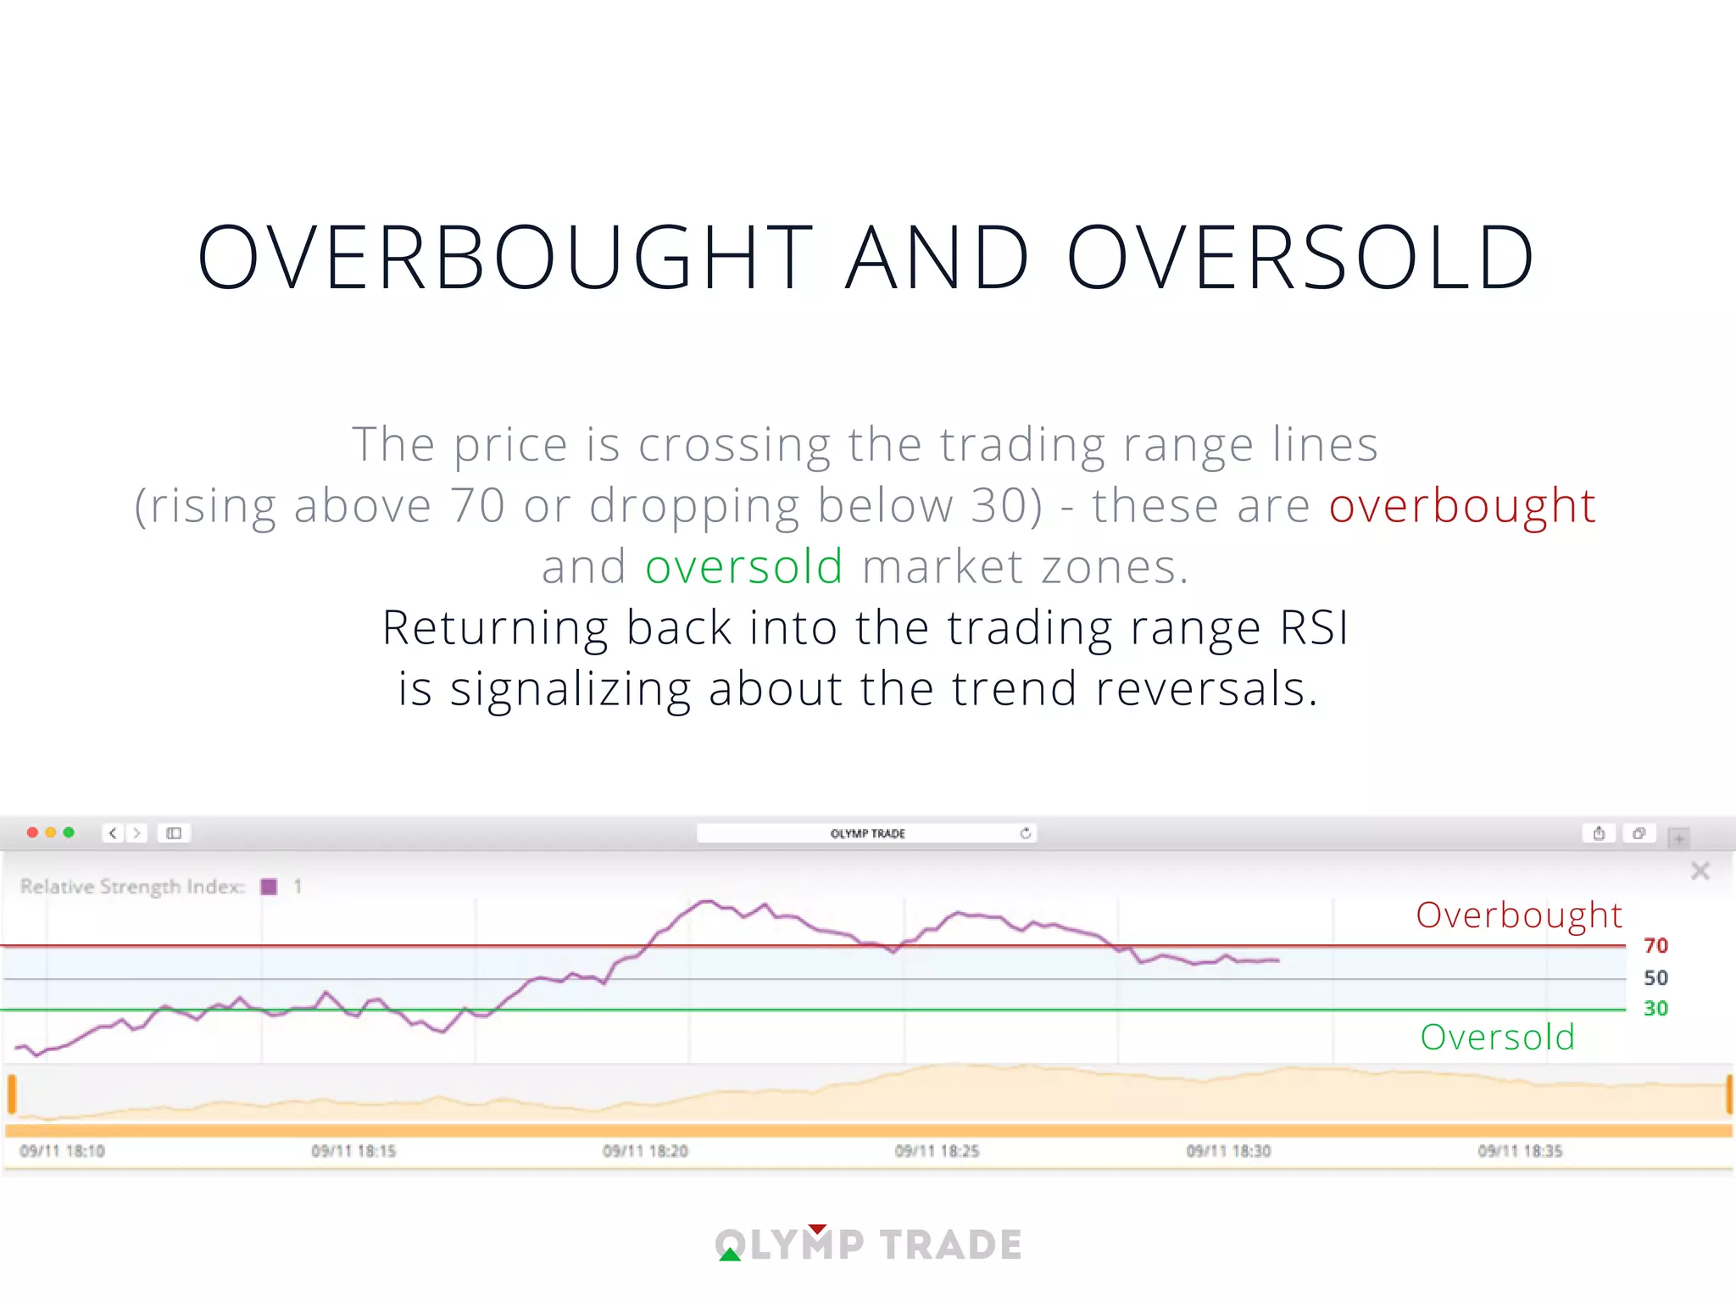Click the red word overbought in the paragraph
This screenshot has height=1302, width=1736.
[1461, 506]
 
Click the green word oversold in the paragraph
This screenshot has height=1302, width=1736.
[743, 567]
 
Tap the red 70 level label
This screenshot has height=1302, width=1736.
[1655, 946]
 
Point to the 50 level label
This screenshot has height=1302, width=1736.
[1655, 978]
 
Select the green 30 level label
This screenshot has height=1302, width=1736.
[1655, 1009]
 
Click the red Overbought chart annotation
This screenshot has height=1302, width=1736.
[1518, 915]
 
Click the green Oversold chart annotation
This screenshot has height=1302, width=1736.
[1497, 1038]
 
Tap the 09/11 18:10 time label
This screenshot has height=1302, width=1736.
[62, 1151]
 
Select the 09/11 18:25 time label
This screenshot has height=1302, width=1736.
[937, 1151]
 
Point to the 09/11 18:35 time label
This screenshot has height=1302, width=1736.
[1520, 1151]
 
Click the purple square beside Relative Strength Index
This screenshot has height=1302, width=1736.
[270, 887]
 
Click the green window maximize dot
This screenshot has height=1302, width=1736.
[70, 832]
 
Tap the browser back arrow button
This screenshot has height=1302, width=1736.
[113, 833]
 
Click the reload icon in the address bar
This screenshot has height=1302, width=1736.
[1025, 833]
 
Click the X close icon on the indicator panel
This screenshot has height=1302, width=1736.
[1700, 871]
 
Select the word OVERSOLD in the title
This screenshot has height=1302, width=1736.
[1299, 258]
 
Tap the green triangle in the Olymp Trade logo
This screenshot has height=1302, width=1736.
[730, 1255]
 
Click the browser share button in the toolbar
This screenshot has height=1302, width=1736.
[1599, 833]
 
